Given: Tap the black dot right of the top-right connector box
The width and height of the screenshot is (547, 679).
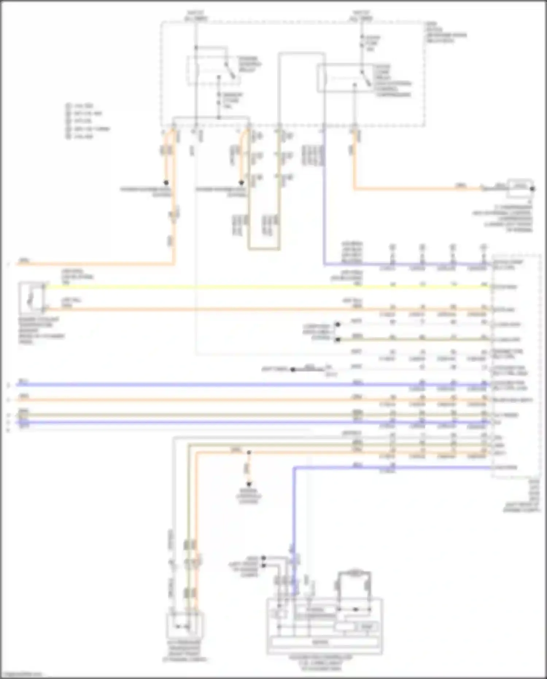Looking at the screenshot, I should click(x=532, y=189).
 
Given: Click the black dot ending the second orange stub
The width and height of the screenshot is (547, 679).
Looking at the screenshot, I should click(x=241, y=183).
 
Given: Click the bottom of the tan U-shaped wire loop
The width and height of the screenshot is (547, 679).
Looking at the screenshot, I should click(x=264, y=250).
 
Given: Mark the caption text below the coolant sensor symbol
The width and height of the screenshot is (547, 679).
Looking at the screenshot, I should click(x=41, y=331).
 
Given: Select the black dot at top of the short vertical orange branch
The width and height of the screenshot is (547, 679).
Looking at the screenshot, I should click(x=249, y=453).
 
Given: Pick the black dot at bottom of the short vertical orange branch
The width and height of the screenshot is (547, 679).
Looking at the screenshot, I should click(x=249, y=485).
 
